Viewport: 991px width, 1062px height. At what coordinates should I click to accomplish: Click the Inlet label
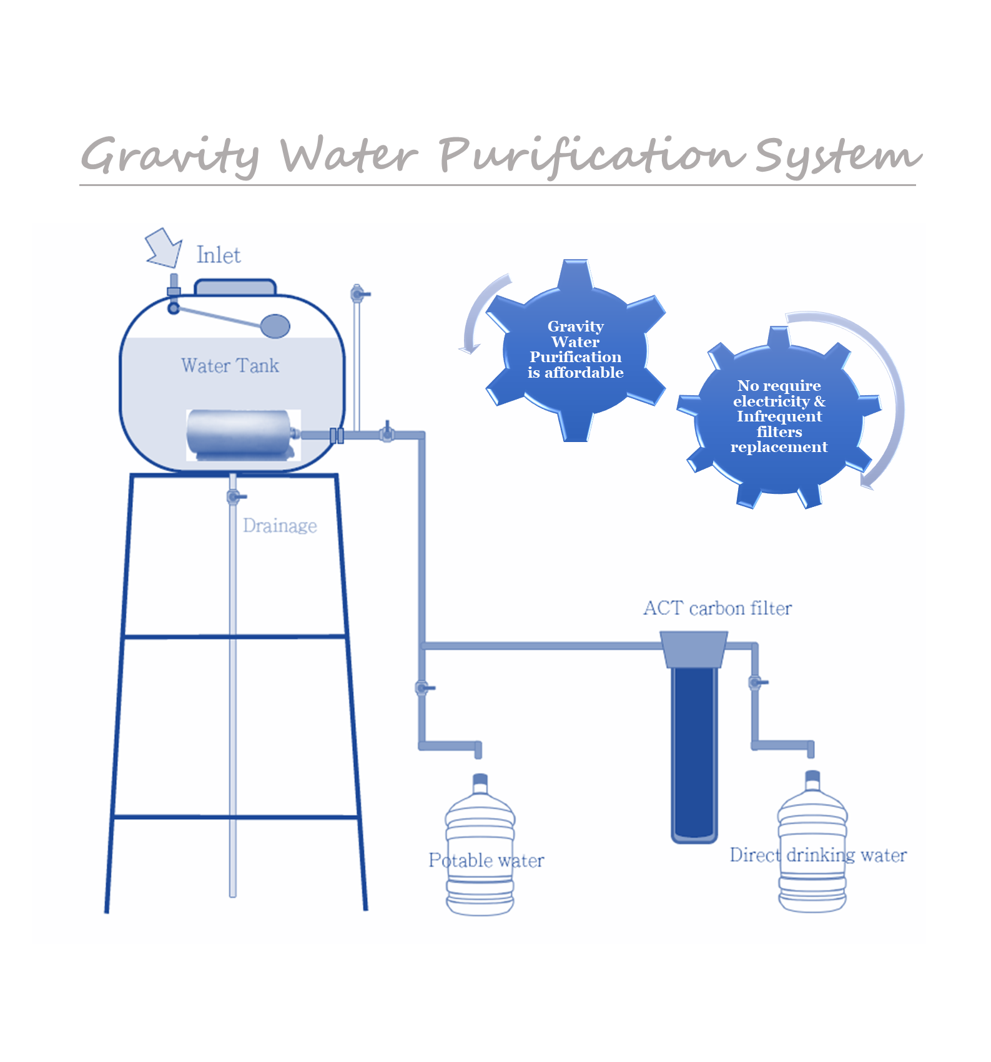(219, 255)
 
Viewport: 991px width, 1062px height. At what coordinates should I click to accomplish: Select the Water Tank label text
(230, 365)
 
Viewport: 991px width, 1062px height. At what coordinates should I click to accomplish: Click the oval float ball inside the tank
(275, 326)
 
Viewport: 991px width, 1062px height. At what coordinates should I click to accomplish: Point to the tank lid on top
(235, 287)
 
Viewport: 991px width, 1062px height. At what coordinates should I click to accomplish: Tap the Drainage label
(280, 526)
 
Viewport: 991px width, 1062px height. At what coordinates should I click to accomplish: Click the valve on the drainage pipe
(235, 497)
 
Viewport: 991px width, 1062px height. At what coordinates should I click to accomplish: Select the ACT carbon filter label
(717, 608)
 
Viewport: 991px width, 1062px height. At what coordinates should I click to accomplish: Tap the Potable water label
(486, 860)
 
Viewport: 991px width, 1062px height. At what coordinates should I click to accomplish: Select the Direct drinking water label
(818, 855)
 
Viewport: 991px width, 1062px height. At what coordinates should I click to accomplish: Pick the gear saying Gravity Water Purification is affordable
(575, 350)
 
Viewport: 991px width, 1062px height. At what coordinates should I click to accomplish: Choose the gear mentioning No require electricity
(779, 416)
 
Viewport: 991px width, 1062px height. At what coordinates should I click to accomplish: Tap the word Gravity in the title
(170, 155)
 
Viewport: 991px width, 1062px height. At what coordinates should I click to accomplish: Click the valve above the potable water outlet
(423, 688)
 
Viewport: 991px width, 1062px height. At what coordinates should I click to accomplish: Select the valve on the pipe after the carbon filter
(756, 682)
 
